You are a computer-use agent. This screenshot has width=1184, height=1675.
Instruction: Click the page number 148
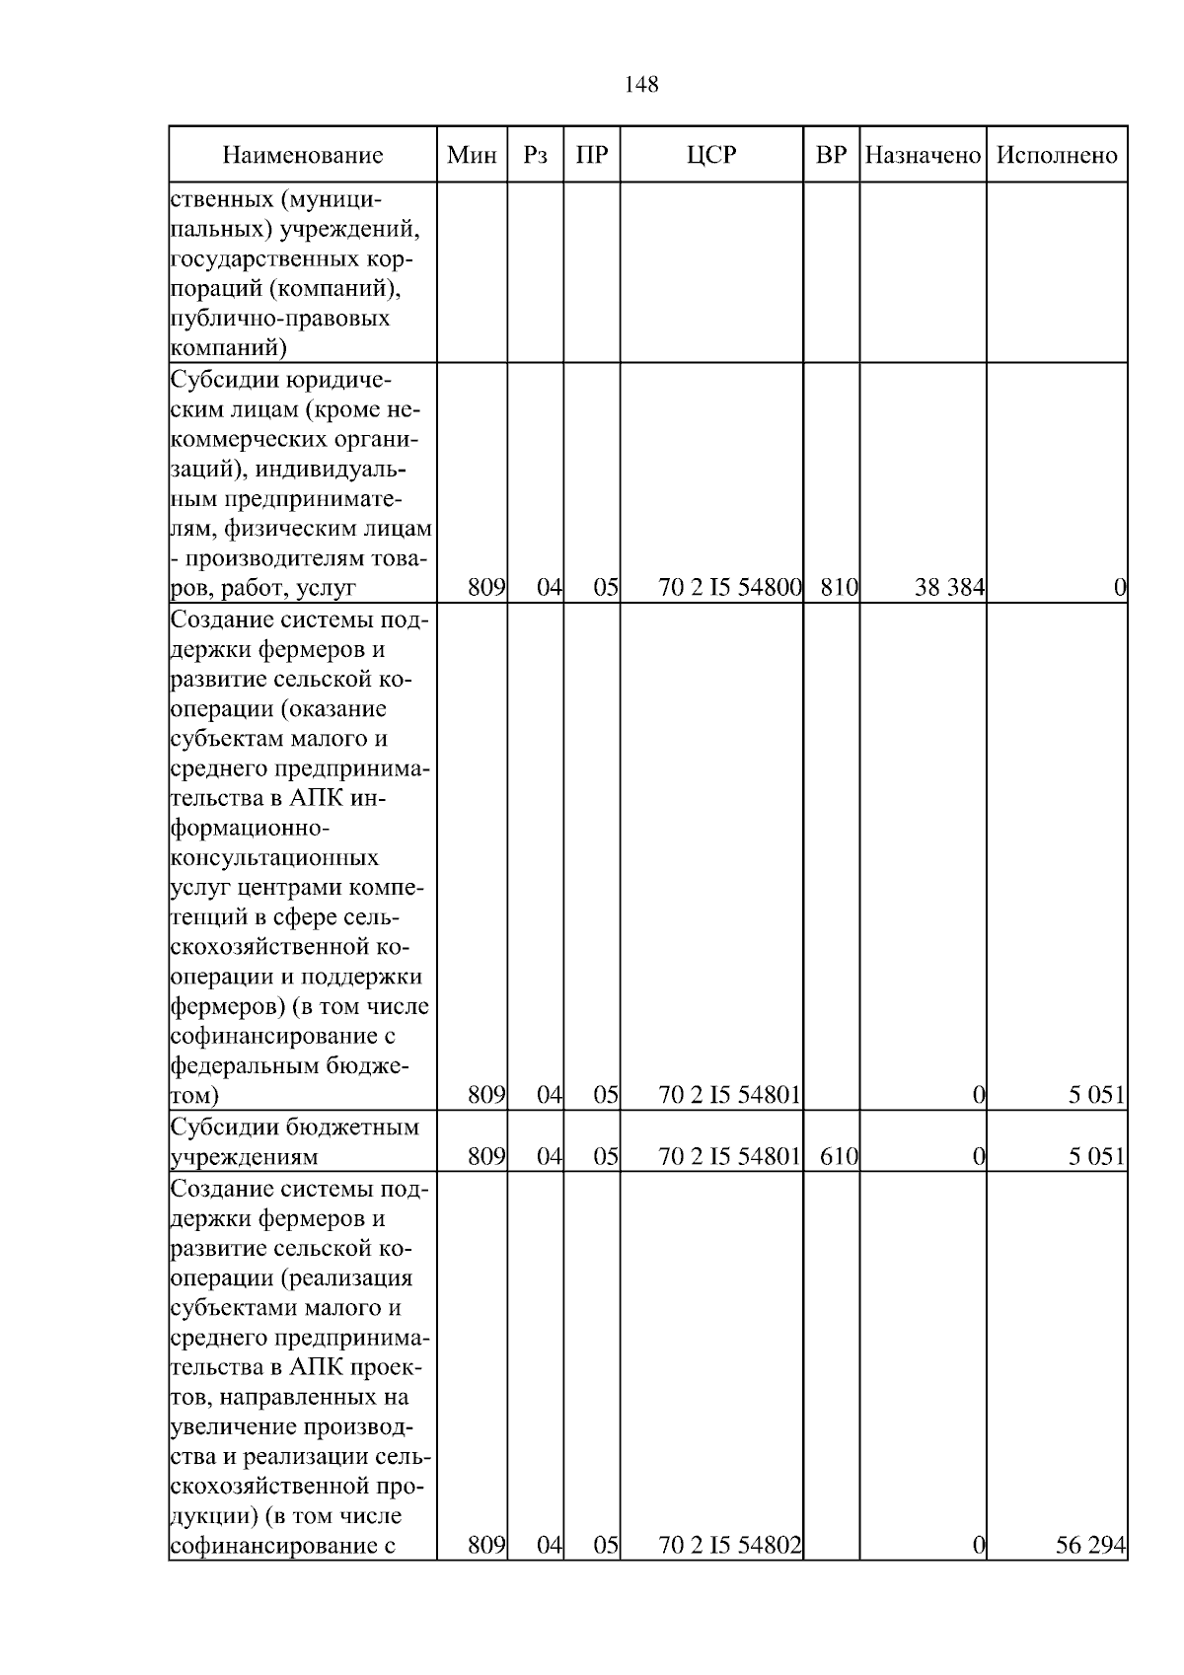pyautogui.click(x=641, y=85)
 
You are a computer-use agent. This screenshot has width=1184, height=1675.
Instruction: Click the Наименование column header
pyautogui.click(x=302, y=155)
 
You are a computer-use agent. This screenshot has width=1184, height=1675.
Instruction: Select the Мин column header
pyautogui.click(x=472, y=155)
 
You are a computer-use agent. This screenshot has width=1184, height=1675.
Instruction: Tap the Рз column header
pyautogui.click(x=535, y=155)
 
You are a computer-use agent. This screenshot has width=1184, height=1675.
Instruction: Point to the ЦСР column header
pyautogui.click(x=711, y=155)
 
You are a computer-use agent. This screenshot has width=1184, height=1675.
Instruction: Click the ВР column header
pyautogui.click(x=832, y=155)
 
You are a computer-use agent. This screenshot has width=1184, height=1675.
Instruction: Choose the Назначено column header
pyautogui.click(x=923, y=155)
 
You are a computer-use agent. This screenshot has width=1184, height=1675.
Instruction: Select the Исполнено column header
pyautogui.click(x=1057, y=155)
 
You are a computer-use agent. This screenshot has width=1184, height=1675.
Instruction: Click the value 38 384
pyautogui.click(x=949, y=588)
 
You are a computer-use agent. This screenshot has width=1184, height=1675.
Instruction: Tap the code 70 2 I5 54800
pyautogui.click(x=729, y=588)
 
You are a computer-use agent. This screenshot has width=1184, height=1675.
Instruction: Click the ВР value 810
pyautogui.click(x=839, y=588)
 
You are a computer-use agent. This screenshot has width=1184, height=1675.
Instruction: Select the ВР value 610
pyautogui.click(x=839, y=1155)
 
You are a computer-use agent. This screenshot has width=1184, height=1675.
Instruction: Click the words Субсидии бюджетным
pyautogui.click(x=295, y=1127)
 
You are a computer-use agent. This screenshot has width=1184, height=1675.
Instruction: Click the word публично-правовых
pyautogui.click(x=280, y=318)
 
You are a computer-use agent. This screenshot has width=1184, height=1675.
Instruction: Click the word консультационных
pyautogui.click(x=275, y=857)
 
